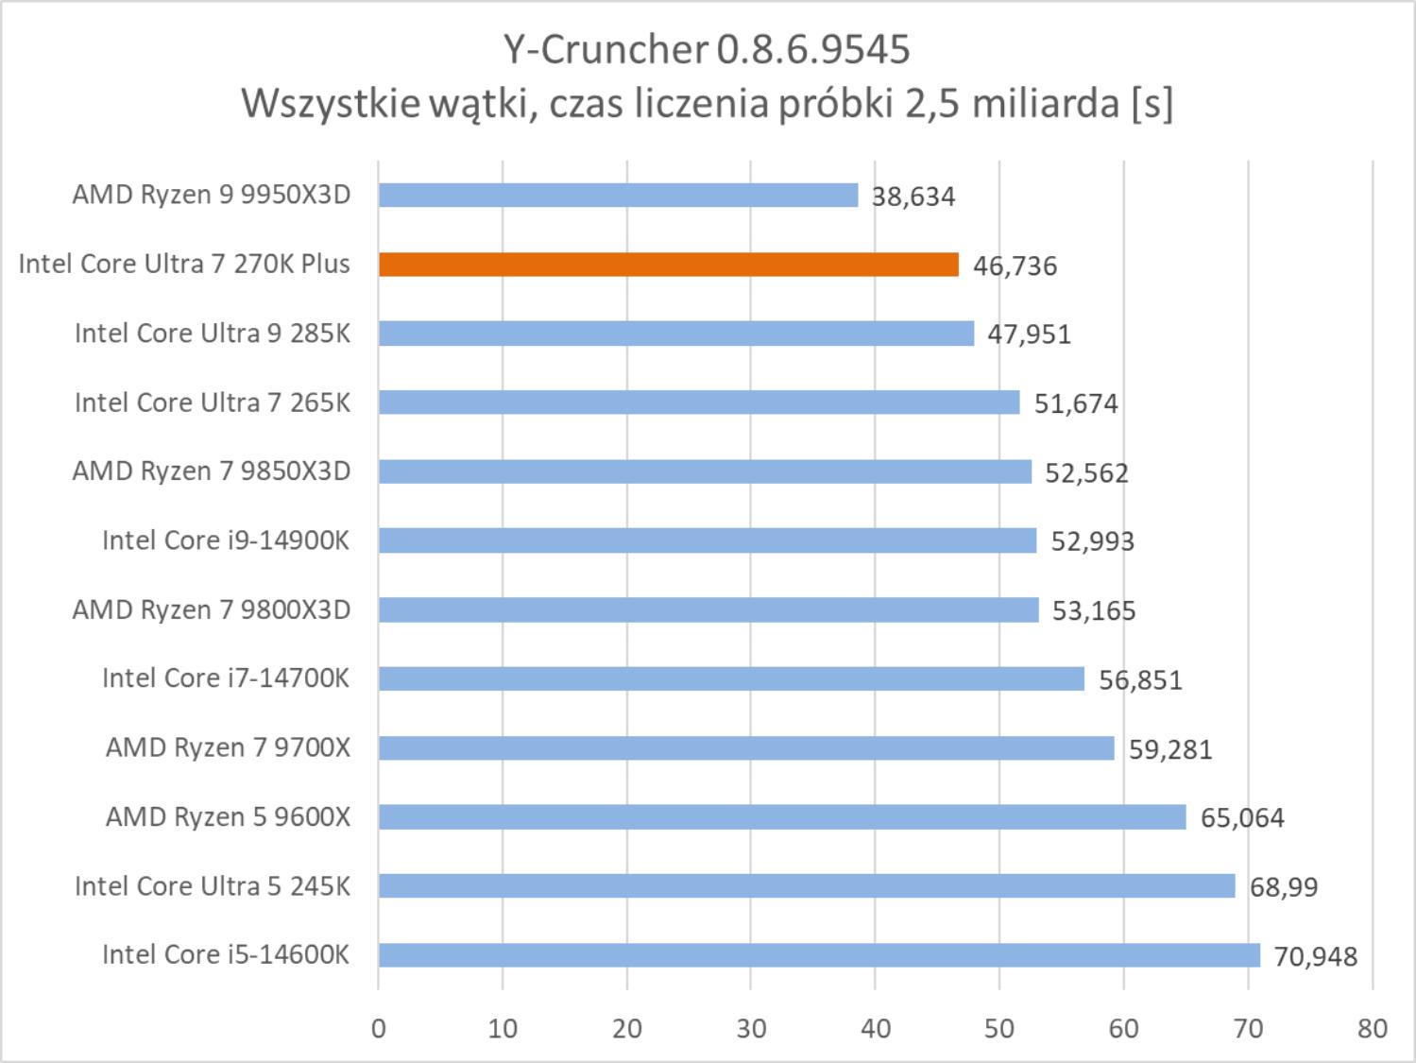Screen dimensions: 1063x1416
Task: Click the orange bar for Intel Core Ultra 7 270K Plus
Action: point(668,265)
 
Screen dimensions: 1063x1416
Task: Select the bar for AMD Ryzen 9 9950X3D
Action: point(618,196)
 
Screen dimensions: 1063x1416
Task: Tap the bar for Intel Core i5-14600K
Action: point(818,955)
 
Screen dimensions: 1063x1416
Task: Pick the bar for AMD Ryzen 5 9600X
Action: point(781,817)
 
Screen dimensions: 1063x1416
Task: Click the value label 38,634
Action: point(913,197)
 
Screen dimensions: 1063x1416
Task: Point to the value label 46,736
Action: point(1015,266)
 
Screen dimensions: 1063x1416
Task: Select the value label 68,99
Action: point(1283,886)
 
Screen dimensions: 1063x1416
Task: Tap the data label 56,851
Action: point(1140,679)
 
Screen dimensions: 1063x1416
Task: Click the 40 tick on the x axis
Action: point(876,1028)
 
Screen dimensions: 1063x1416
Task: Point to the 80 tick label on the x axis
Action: point(1373,1028)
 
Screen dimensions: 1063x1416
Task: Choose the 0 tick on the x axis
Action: point(379,1028)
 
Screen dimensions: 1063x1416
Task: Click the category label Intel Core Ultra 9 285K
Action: point(213,334)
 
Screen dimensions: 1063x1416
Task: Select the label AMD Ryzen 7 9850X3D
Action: point(212,471)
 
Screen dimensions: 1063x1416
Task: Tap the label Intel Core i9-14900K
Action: point(226,540)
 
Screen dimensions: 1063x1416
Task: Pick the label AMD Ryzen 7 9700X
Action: point(228,747)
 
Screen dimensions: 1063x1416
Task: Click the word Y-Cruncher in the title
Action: point(605,49)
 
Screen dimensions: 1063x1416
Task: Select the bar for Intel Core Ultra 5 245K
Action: point(806,886)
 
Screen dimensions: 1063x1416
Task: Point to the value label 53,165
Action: point(1094,610)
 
